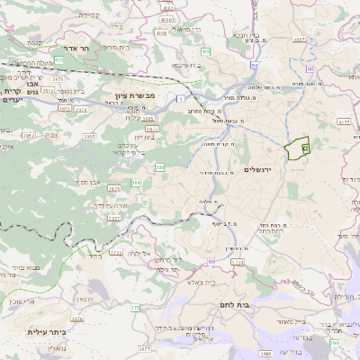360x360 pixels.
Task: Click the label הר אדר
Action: point(70,50)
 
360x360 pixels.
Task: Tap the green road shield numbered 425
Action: point(58,59)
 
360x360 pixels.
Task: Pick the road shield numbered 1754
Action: point(238,262)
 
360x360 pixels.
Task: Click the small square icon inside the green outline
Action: point(305,148)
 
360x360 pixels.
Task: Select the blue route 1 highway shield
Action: point(180,97)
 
